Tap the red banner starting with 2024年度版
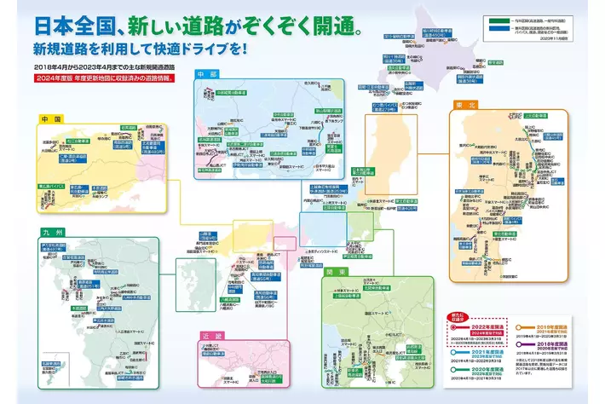click(103, 78)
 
